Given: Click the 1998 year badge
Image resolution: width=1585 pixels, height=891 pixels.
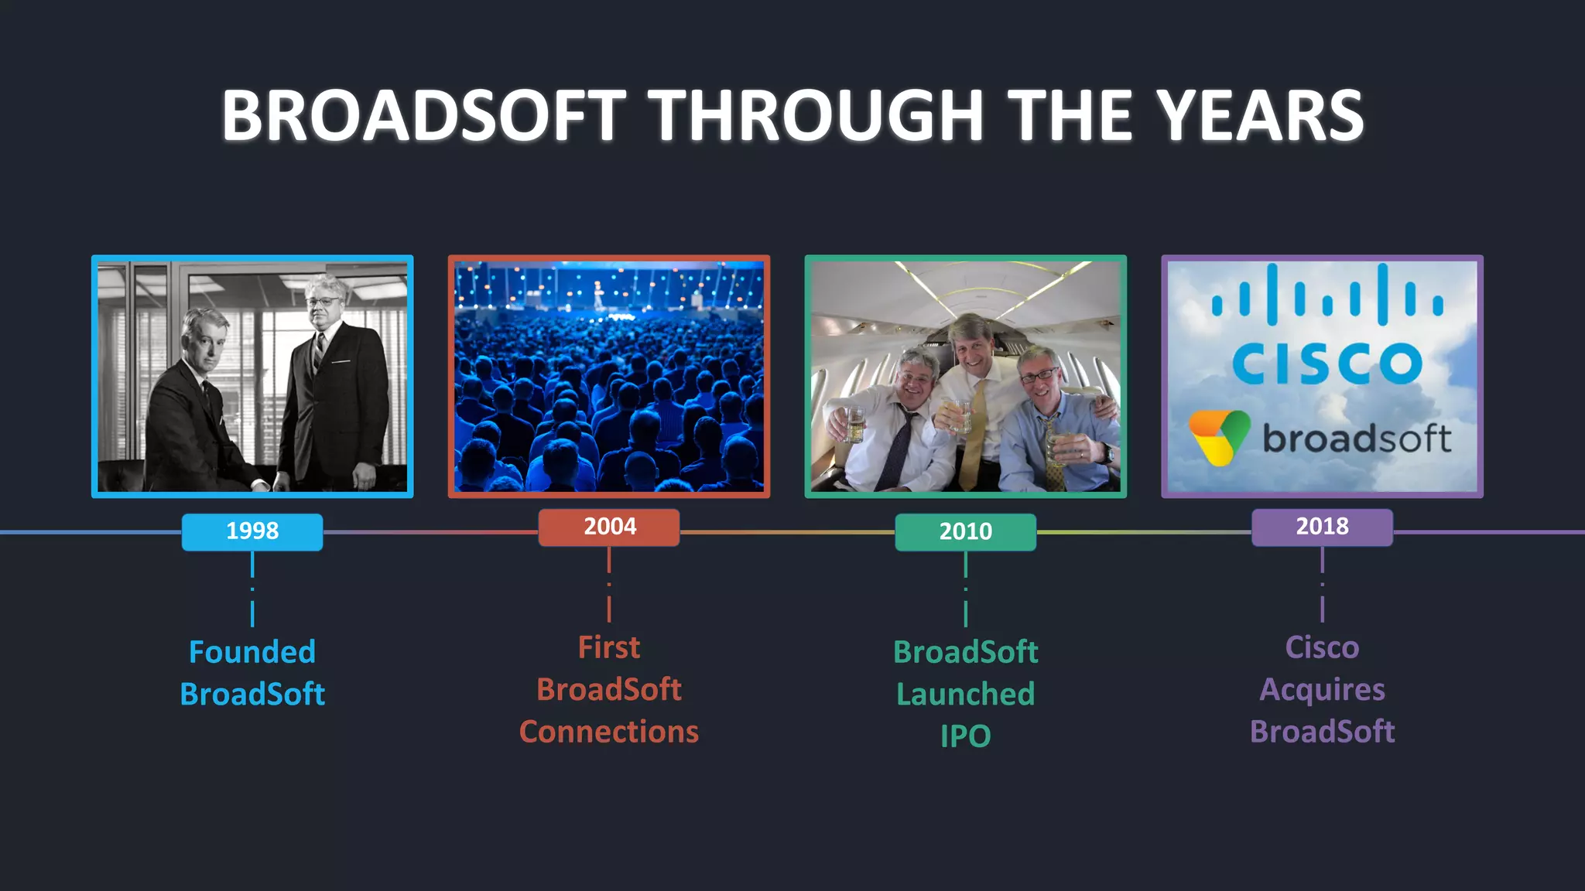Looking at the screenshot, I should pos(252,531).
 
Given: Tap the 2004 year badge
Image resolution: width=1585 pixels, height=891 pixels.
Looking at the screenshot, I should pos(609,527).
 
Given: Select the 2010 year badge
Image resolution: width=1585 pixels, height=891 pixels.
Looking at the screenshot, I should pos(965,531).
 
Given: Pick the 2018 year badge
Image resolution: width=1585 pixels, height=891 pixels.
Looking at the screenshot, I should pos(1322,527).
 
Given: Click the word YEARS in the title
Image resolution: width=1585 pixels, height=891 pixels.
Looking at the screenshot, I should pos(1261,116).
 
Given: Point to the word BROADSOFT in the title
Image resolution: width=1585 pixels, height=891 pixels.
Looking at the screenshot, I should pos(423,116).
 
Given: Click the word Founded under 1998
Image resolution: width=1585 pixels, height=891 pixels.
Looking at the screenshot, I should pos(252,652).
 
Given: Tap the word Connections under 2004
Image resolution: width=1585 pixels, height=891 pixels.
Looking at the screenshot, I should pos(609,732).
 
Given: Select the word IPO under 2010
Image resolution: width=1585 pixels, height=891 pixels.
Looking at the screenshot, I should pos(965,736).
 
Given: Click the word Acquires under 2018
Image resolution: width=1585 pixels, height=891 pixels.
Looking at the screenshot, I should pos(1322,689).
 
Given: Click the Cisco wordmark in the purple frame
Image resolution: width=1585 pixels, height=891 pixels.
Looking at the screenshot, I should pos(1327,364).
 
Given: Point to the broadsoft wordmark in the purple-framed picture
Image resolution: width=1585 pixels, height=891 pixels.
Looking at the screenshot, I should pos(1357,439).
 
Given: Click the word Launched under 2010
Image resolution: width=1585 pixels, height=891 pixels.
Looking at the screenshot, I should pos(965,694).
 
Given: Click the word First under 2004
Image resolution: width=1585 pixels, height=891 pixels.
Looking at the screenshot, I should pos(609,647).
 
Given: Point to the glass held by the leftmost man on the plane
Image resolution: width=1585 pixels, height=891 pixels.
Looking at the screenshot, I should pos(854,423).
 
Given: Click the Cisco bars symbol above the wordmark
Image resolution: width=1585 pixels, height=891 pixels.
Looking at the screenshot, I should pos(1327,295).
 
